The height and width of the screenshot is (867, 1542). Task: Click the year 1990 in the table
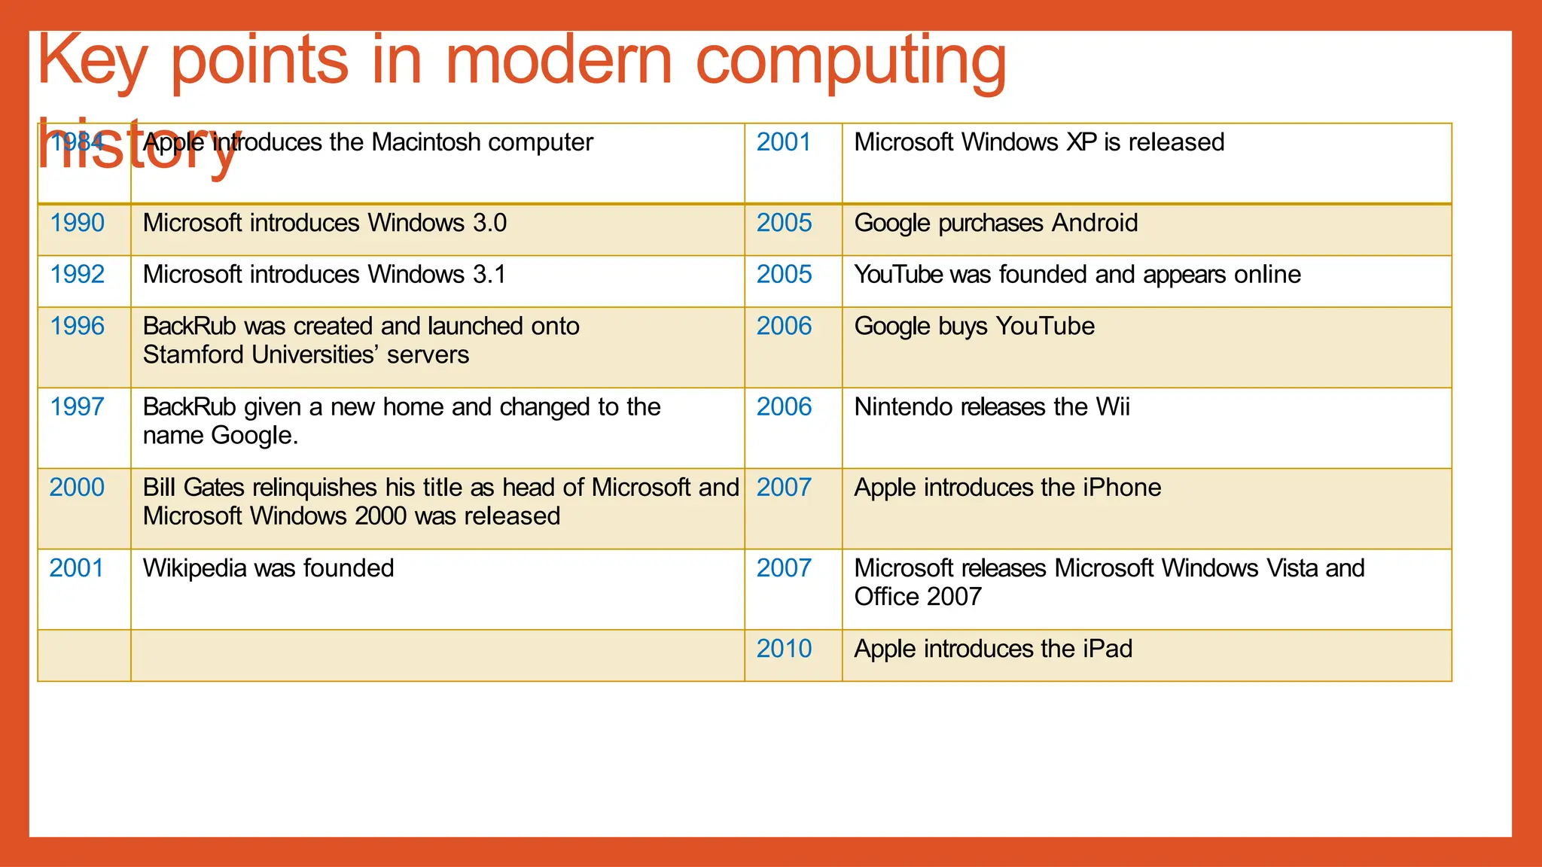pyautogui.click(x=77, y=224)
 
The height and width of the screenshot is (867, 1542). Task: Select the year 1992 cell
pyautogui.click(x=77, y=275)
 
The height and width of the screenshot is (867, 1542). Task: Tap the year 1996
pyautogui.click(x=77, y=327)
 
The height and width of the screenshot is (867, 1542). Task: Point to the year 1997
pyautogui.click(x=77, y=407)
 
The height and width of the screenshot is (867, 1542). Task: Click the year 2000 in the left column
pyautogui.click(x=77, y=488)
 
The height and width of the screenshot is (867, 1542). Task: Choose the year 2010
pyautogui.click(x=784, y=649)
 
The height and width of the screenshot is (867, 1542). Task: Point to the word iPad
pyautogui.click(x=1108, y=649)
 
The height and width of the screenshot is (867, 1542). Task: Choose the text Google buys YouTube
pyautogui.click(x=974, y=327)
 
